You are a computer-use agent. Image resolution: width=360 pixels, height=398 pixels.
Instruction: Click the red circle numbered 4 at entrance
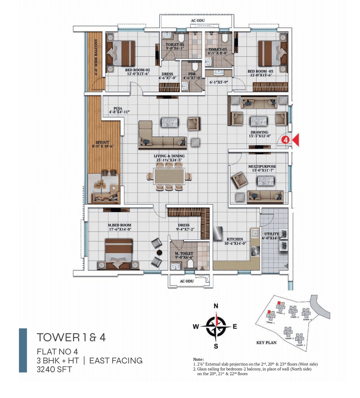click(286, 140)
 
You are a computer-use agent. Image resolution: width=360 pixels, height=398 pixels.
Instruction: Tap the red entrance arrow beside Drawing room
click(296, 140)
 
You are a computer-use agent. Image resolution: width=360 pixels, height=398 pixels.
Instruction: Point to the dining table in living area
click(169, 176)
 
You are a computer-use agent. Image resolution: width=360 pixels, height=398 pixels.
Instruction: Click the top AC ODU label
click(198, 21)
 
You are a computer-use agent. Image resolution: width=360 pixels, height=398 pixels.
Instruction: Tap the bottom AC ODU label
click(187, 281)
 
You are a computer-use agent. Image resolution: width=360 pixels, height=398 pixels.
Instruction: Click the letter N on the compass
click(216, 306)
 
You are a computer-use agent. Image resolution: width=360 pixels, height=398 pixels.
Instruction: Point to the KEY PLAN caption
click(266, 343)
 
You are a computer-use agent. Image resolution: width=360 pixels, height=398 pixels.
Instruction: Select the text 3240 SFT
click(54, 369)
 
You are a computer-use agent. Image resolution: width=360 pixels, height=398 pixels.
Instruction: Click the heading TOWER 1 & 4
click(71, 337)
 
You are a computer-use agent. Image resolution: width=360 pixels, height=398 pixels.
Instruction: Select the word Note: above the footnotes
click(198, 359)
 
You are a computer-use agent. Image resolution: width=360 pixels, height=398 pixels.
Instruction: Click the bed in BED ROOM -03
click(273, 53)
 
